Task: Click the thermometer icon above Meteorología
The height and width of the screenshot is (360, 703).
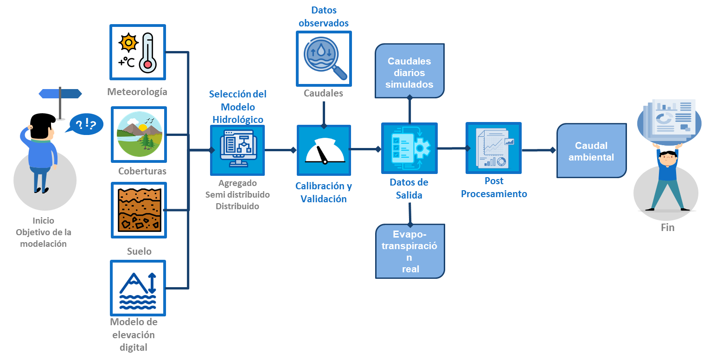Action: (147, 52)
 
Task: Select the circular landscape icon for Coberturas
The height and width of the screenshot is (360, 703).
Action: (140, 134)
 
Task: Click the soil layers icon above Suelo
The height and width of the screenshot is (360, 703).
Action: (140, 210)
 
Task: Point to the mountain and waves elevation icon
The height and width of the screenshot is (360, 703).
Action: (138, 288)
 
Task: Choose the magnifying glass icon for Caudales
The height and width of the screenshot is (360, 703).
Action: (324, 58)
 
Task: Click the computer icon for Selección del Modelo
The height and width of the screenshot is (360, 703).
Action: (237, 149)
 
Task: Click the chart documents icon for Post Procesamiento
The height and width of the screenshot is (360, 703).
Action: (493, 148)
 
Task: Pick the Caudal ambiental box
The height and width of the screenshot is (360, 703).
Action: (591, 151)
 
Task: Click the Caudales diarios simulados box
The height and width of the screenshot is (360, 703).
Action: (409, 71)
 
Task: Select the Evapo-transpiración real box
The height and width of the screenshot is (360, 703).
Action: (409, 251)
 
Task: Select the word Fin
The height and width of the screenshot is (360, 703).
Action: (667, 228)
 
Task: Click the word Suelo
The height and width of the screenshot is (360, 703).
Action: (139, 251)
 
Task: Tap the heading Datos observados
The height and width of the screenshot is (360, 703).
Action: (324, 16)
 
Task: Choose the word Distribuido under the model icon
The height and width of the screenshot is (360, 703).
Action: (237, 206)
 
